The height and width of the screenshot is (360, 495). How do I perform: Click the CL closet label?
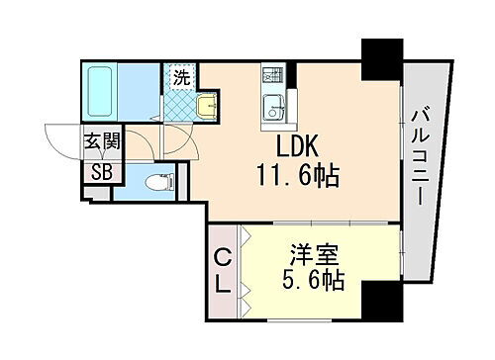click(223, 271)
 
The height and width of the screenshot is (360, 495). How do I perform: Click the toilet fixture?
click(156, 183)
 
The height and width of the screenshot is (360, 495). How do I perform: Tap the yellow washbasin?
click(206, 106)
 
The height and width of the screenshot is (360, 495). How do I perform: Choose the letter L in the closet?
click(223, 284)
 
